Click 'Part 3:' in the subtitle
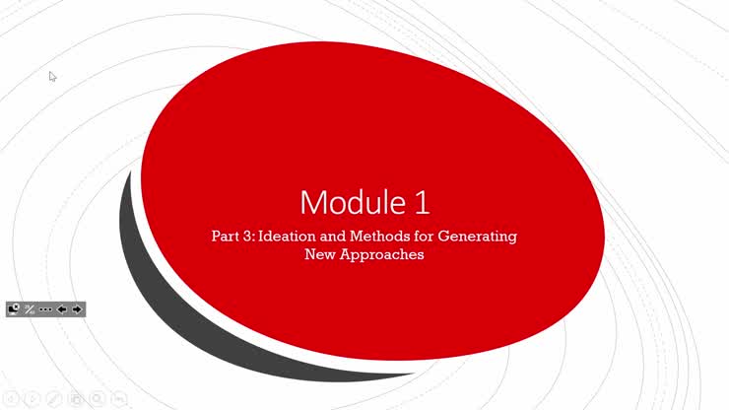point(232,237)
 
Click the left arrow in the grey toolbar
point(61,309)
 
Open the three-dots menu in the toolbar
point(45,309)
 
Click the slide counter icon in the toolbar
point(30,309)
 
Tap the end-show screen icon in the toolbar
point(14,309)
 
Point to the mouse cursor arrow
point(52,76)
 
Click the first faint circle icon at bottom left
point(10,398)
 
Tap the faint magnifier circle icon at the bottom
point(97,398)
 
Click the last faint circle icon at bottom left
point(118,398)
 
